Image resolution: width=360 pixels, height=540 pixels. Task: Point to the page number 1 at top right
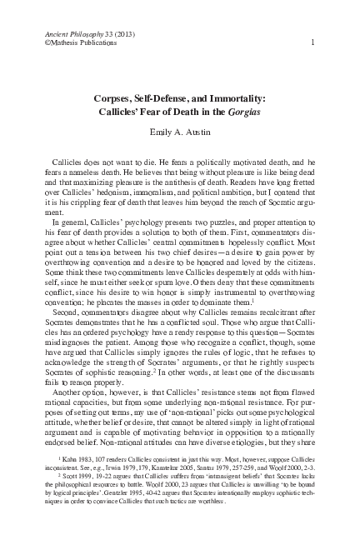(311, 42)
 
